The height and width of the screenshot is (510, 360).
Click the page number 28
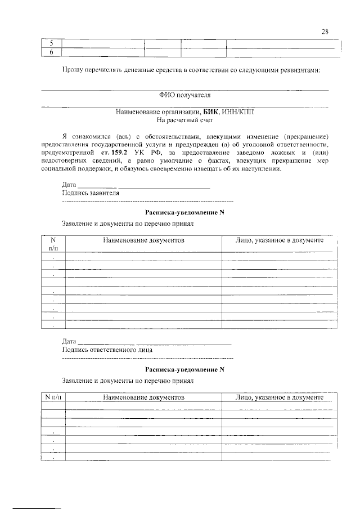point(325,32)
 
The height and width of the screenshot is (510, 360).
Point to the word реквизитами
point(301,70)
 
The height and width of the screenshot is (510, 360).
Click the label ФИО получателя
point(184,95)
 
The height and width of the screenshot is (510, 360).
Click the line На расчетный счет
point(184,120)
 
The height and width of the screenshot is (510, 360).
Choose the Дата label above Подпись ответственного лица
point(69,341)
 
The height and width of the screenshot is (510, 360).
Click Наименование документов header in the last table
point(144,397)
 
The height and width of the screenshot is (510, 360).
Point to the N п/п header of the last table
point(54,397)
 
